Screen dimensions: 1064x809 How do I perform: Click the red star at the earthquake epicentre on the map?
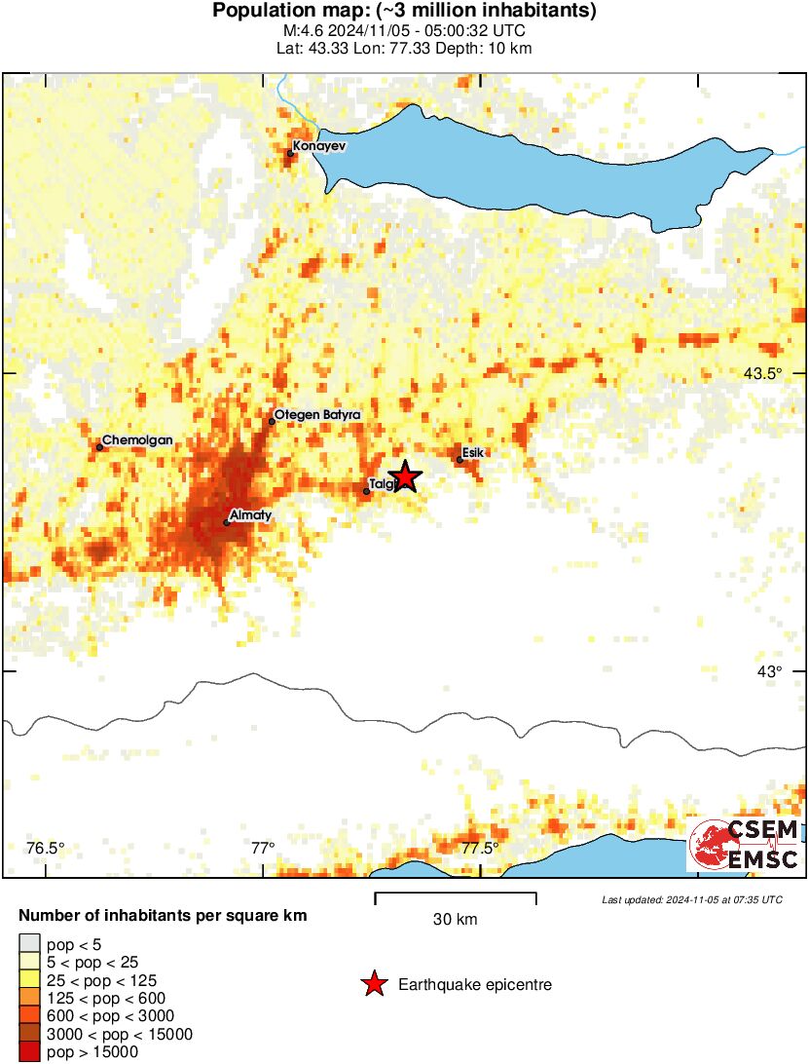coord(406,475)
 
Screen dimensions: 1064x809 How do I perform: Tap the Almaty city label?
coord(249,514)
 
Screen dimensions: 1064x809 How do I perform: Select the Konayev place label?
coord(319,146)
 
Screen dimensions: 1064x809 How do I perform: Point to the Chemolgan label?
coord(137,440)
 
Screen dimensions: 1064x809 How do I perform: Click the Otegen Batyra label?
coord(317,415)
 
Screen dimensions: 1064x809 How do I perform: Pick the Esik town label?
coord(473,452)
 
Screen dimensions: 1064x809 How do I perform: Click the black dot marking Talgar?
coord(366,491)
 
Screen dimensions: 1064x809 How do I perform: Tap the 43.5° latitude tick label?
coord(762,374)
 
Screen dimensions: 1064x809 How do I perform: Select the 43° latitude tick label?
coord(770,671)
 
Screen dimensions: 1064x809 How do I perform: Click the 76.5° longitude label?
coord(46,848)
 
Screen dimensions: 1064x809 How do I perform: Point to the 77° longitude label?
coord(263,848)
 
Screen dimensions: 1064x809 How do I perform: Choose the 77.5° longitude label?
coord(480,848)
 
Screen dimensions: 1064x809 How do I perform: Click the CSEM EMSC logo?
coord(745,845)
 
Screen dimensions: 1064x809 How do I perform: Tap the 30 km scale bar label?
coord(455,920)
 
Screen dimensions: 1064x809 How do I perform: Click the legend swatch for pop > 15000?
coord(30,1052)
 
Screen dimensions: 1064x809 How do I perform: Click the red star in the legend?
coord(374,985)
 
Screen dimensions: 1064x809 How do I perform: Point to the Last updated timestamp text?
coord(691,899)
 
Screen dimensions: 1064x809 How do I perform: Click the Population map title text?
coord(404,12)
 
